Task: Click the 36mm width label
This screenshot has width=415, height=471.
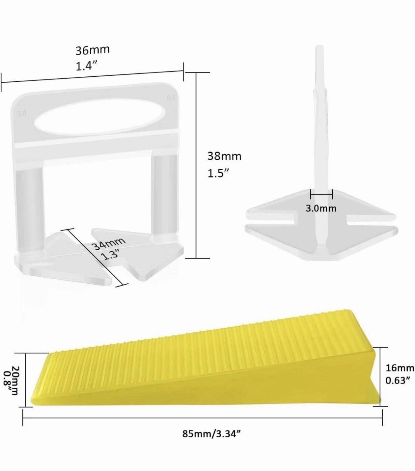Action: pyautogui.click(x=92, y=50)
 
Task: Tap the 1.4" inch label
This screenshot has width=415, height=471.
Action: pyautogui.click(x=86, y=67)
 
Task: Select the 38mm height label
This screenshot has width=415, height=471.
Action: pyautogui.click(x=224, y=156)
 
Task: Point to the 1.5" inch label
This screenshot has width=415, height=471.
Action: pyautogui.click(x=218, y=173)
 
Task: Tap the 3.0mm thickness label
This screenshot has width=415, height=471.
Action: pyautogui.click(x=321, y=208)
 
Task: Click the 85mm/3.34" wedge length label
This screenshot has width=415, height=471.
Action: pyautogui.click(x=211, y=433)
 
